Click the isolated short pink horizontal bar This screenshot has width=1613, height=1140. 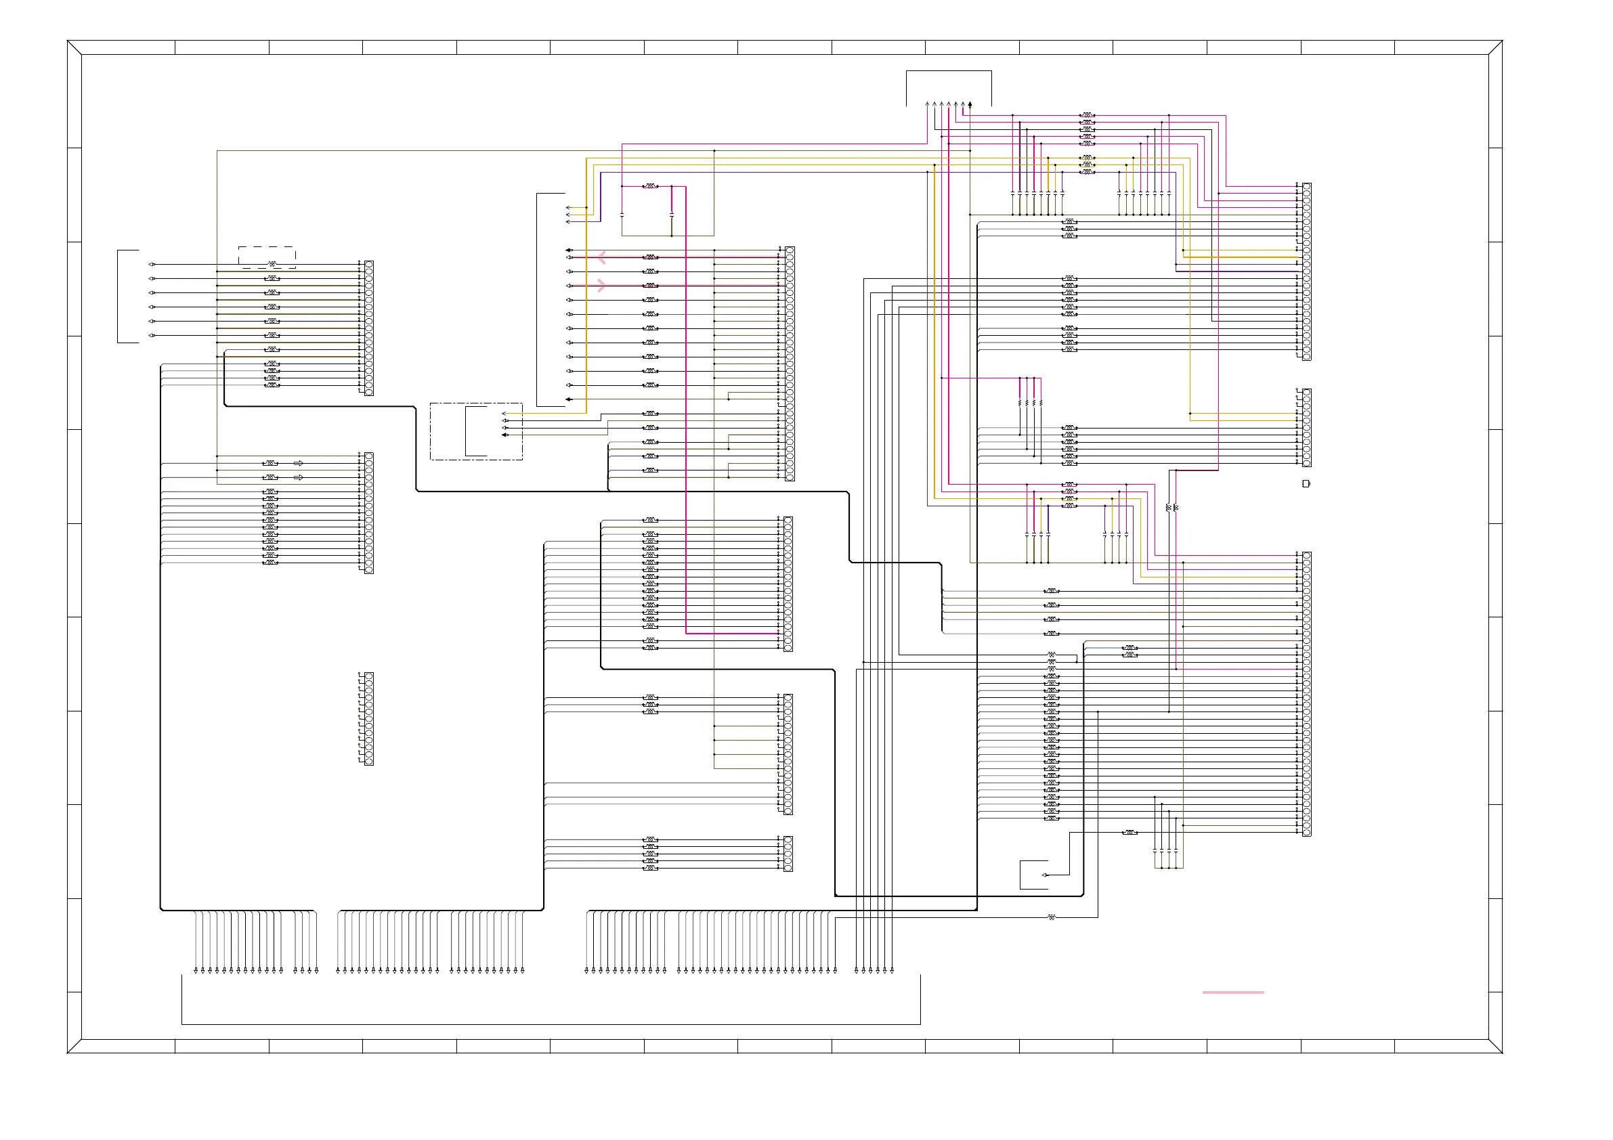(1233, 992)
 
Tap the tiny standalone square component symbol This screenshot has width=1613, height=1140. (1306, 483)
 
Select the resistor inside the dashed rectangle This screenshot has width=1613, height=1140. (272, 264)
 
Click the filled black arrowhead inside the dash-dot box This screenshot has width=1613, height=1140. (504, 435)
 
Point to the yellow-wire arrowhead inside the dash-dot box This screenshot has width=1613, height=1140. (504, 413)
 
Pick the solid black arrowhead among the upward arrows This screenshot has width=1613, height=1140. (970, 105)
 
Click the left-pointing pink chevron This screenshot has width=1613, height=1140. (601, 258)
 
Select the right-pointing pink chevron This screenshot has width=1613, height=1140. (601, 285)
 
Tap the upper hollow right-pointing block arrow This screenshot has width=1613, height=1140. (299, 463)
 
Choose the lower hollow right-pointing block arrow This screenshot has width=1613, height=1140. (299, 477)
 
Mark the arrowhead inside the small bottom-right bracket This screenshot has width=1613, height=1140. (1045, 875)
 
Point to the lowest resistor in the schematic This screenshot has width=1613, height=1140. (1052, 917)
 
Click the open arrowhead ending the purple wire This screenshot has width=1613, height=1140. (567, 222)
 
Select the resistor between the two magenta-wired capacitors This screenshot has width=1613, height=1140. (651, 186)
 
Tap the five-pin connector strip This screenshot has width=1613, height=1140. (788, 854)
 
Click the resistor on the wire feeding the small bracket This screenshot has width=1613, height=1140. (1130, 833)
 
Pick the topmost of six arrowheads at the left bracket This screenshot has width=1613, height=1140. (152, 264)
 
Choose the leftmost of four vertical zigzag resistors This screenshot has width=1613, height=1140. (1019, 403)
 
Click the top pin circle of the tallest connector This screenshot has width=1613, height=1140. (1307, 556)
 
